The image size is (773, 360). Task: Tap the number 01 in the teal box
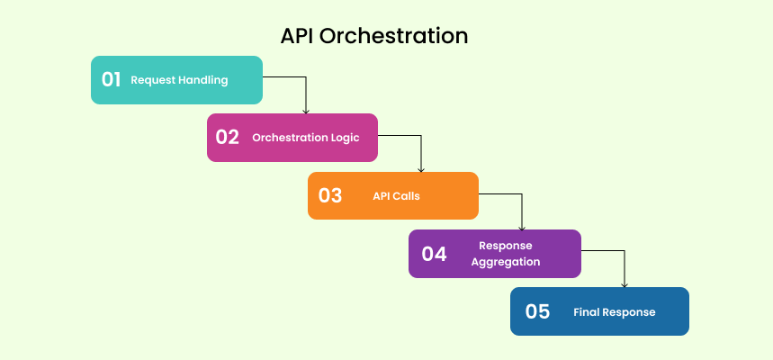[111, 79]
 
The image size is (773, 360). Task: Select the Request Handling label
[179, 80]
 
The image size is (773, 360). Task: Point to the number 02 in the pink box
[227, 138]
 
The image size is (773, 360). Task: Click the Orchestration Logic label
[305, 138]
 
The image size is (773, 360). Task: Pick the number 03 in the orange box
[329, 195]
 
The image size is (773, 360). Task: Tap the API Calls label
[396, 195]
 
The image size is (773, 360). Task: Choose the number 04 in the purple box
[434, 254]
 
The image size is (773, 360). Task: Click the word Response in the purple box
[506, 245]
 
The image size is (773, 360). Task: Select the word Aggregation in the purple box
[506, 262]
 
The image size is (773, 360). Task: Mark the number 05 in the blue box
[537, 311]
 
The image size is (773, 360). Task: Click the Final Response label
[615, 312]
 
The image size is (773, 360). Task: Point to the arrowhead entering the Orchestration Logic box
[306, 111]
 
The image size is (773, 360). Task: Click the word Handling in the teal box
[202, 80]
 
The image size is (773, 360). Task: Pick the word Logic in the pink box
[345, 138]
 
